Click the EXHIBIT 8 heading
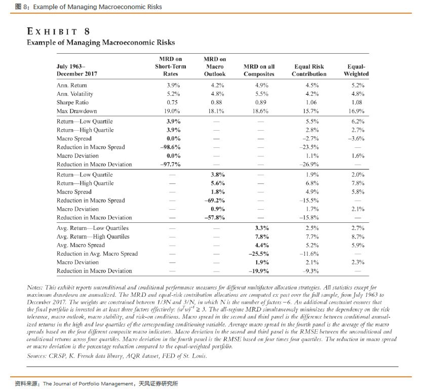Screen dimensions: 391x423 (58, 31)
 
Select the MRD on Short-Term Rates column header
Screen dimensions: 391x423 (170, 66)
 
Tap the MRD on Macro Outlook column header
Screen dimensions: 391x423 (214, 66)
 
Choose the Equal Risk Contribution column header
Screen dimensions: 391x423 (309, 70)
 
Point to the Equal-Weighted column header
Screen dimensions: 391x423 (356, 70)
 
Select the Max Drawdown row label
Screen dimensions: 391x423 (76, 111)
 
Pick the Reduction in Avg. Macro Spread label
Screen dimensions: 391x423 (97, 254)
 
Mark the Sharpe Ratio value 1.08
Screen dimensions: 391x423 (358, 102)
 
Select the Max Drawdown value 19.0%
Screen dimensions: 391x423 (173, 111)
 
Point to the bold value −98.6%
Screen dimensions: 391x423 (171, 147)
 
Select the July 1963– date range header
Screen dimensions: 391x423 (71, 66)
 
